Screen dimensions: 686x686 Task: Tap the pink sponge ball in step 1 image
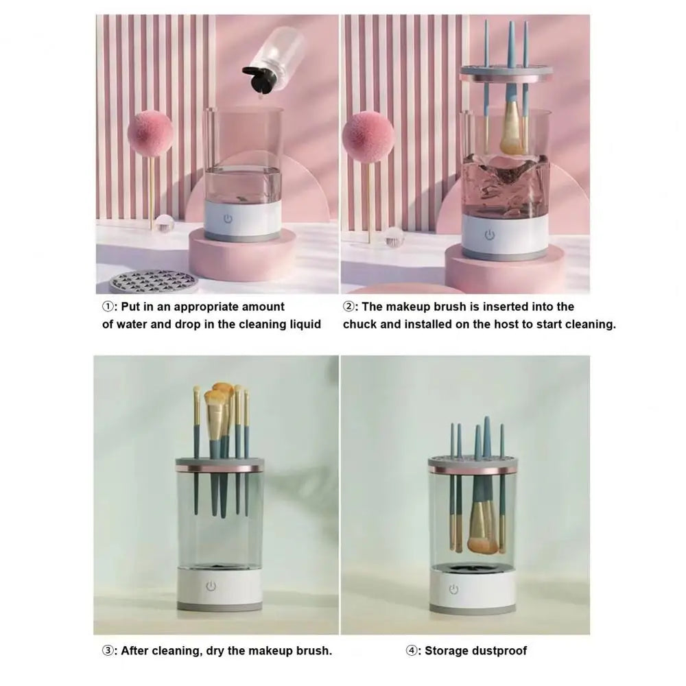[x=150, y=136]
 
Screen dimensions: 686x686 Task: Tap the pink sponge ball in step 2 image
[x=368, y=138]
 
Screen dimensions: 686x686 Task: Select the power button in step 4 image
[x=453, y=589]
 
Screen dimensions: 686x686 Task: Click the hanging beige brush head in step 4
[x=481, y=538]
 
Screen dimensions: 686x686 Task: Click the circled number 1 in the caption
[x=108, y=307]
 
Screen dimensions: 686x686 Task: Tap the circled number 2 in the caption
[x=348, y=307]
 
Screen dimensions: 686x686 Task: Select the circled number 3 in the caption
[x=108, y=650]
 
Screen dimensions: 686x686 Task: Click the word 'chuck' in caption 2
[x=360, y=324]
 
